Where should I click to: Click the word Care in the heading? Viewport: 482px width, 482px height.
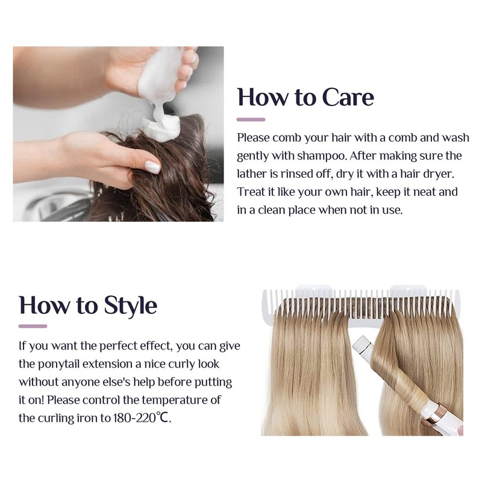(348, 97)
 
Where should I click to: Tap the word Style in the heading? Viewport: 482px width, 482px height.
(131, 306)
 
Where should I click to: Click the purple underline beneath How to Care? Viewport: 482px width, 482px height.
(251, 119)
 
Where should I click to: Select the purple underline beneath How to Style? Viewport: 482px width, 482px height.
(33, 326)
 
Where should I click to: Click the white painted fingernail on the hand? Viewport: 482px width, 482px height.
(152, 167)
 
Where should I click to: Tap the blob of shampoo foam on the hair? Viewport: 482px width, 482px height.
(161, 127)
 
